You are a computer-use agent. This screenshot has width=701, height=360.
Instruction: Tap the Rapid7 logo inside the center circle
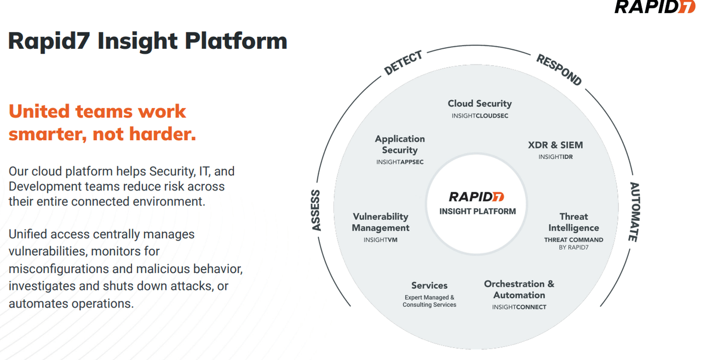click(x=476, y=197)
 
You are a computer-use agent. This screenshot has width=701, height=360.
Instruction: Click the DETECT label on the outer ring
click(x=403, y=63)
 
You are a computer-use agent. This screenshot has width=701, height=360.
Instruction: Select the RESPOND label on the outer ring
click(x=559, y=70)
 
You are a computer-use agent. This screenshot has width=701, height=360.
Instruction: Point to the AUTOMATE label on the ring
click(x=634, y=212)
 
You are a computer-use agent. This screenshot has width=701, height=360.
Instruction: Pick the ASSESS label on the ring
click(x=316, y=210)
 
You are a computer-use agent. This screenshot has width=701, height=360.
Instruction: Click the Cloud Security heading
click(x=479, y=104)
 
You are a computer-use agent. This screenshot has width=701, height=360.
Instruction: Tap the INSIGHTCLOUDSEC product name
click(x=480, y=116)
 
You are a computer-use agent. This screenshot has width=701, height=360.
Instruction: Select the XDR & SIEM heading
click(x=555, y=145)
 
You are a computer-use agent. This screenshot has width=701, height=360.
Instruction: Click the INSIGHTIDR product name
click(x=555, y=157)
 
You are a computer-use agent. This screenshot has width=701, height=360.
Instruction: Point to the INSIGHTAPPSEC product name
click(x=400, y=162)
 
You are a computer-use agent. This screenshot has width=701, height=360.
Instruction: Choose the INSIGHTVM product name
click(x=380, y=240)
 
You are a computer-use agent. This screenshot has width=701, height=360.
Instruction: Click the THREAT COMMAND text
click(x=573, y=240)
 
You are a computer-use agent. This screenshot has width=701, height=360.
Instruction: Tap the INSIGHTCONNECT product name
click(x=519, y=307)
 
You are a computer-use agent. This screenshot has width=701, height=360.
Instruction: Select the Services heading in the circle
click(x=429, y=285)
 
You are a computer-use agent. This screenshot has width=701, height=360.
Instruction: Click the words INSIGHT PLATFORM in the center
click(x=477, y=212)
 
